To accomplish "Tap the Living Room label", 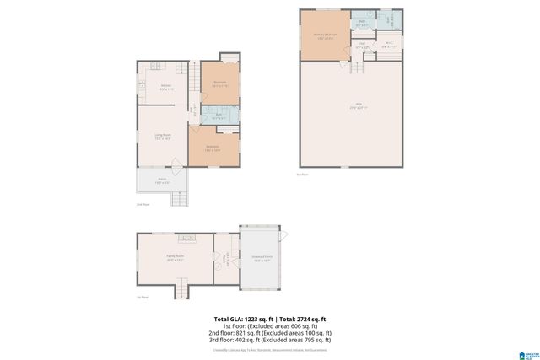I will click(x=163, y=137).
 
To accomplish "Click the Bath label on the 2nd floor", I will click(x=218, y=116).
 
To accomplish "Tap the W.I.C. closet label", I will click(x=389, y=46).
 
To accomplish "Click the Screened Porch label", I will click(x=262, y=259).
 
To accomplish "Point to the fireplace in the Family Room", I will click(x=187, y=239).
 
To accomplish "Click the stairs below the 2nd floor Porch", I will click(x=179, y=199).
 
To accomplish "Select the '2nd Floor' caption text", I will click(x=143, y=204).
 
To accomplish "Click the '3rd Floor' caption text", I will click(x=302, y=175).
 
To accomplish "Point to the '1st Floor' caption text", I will click(x=143, y=297).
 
